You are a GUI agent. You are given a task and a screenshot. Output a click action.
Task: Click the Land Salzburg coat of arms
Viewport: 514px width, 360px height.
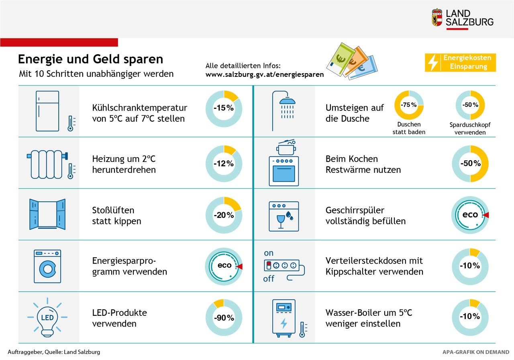[x=437, y=18]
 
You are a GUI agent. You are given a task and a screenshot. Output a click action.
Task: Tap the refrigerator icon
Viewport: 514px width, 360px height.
[x=47, y=111]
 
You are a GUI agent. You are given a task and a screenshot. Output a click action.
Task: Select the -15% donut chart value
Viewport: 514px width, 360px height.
[x=224, y=108]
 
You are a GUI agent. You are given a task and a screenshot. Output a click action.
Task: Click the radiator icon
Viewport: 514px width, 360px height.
[x=47, y=164]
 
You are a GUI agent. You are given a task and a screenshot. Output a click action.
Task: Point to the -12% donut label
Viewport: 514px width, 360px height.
[x=224, y=164]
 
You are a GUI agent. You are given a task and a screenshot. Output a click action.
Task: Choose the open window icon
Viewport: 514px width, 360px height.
[x=47, y=214]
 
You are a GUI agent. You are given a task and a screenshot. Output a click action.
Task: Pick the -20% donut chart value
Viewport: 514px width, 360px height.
[x=224, y=215]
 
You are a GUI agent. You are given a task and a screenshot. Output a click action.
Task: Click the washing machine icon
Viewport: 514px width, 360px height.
[x=47, y=266]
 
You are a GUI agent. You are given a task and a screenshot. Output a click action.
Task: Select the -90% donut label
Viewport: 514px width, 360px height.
[x=224, y=318]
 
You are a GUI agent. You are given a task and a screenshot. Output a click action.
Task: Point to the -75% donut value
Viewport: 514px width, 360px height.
[x=409, y=105]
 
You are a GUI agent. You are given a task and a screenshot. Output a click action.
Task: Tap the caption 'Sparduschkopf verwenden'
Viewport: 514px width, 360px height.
[x=470, y=129]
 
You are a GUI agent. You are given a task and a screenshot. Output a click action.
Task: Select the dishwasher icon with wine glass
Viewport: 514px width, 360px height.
[x=284, y=216]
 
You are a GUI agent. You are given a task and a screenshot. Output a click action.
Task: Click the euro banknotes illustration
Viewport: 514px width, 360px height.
[x=347, y=61]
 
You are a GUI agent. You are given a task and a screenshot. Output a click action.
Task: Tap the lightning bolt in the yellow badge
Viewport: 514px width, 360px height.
[x=433, y=63]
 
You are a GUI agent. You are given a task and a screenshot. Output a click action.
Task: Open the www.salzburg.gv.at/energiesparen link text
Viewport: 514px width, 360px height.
[x=265, y=74]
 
